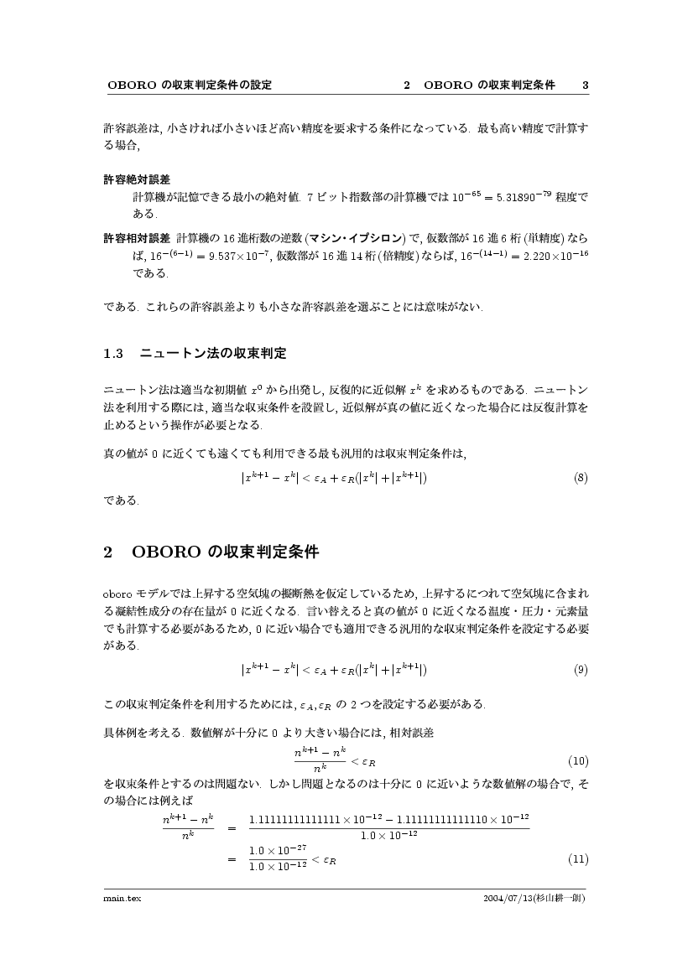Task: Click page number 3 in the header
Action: [x=586, y=86]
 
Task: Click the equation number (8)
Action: [x=581, y=478]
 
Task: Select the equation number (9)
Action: [x=581, y=669]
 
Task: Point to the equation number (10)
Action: [x=578, y=761]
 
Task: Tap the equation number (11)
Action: [x=578, y=859]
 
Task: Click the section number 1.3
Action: [x=113, y=354]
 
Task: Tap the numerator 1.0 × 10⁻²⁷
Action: [x=277, y=850]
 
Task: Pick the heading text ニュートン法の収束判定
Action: [x=213, y=354]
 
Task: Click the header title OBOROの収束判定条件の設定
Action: [x=190, y=86]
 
